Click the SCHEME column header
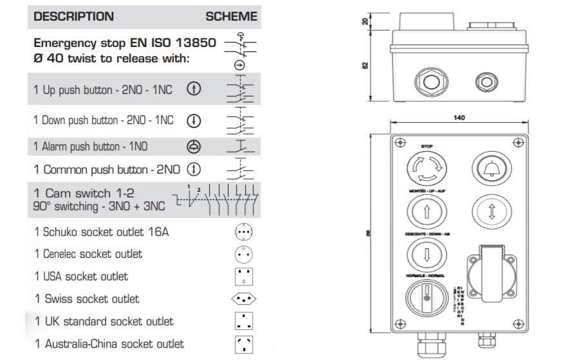coord(231,17)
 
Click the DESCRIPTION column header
coord(73,17)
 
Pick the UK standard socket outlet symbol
coord(243,321)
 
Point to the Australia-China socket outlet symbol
coord(243,343)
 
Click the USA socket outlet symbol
coord(243,276)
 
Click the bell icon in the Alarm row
coord(193,147)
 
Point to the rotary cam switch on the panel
coord(425,297)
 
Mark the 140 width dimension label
coord(459,118)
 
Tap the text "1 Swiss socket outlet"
coord(86,299)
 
